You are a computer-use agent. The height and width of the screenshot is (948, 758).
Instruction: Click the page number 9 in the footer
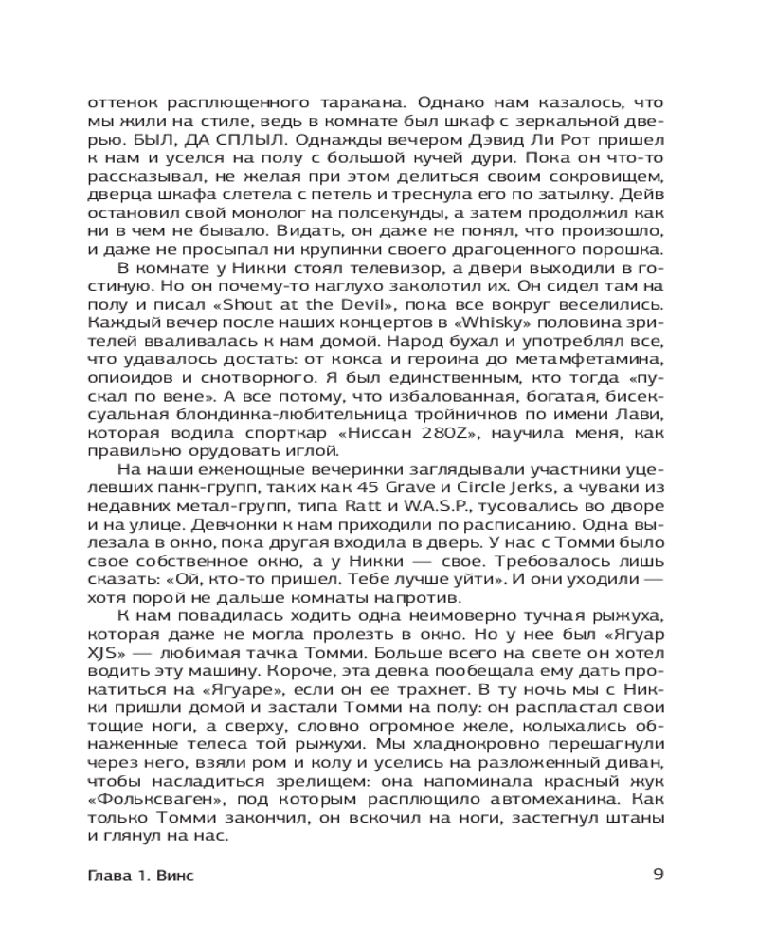[660, 874]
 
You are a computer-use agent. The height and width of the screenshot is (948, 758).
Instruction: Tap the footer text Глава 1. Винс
[138, 875]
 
